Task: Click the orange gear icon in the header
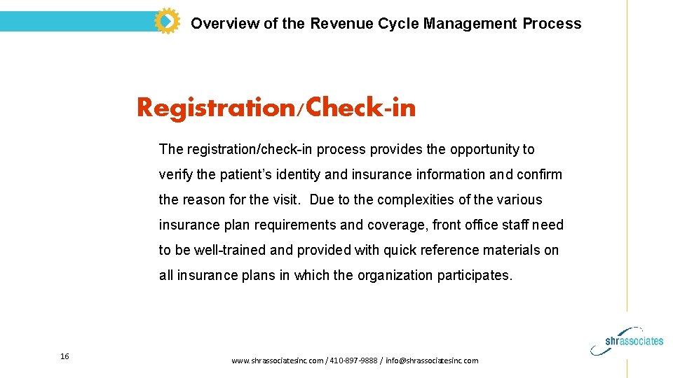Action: point(167,22)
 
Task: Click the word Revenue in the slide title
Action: point(339,24)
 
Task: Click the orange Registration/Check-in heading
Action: point(276,108)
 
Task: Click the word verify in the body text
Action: point(175,174)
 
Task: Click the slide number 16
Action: point(64,356)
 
